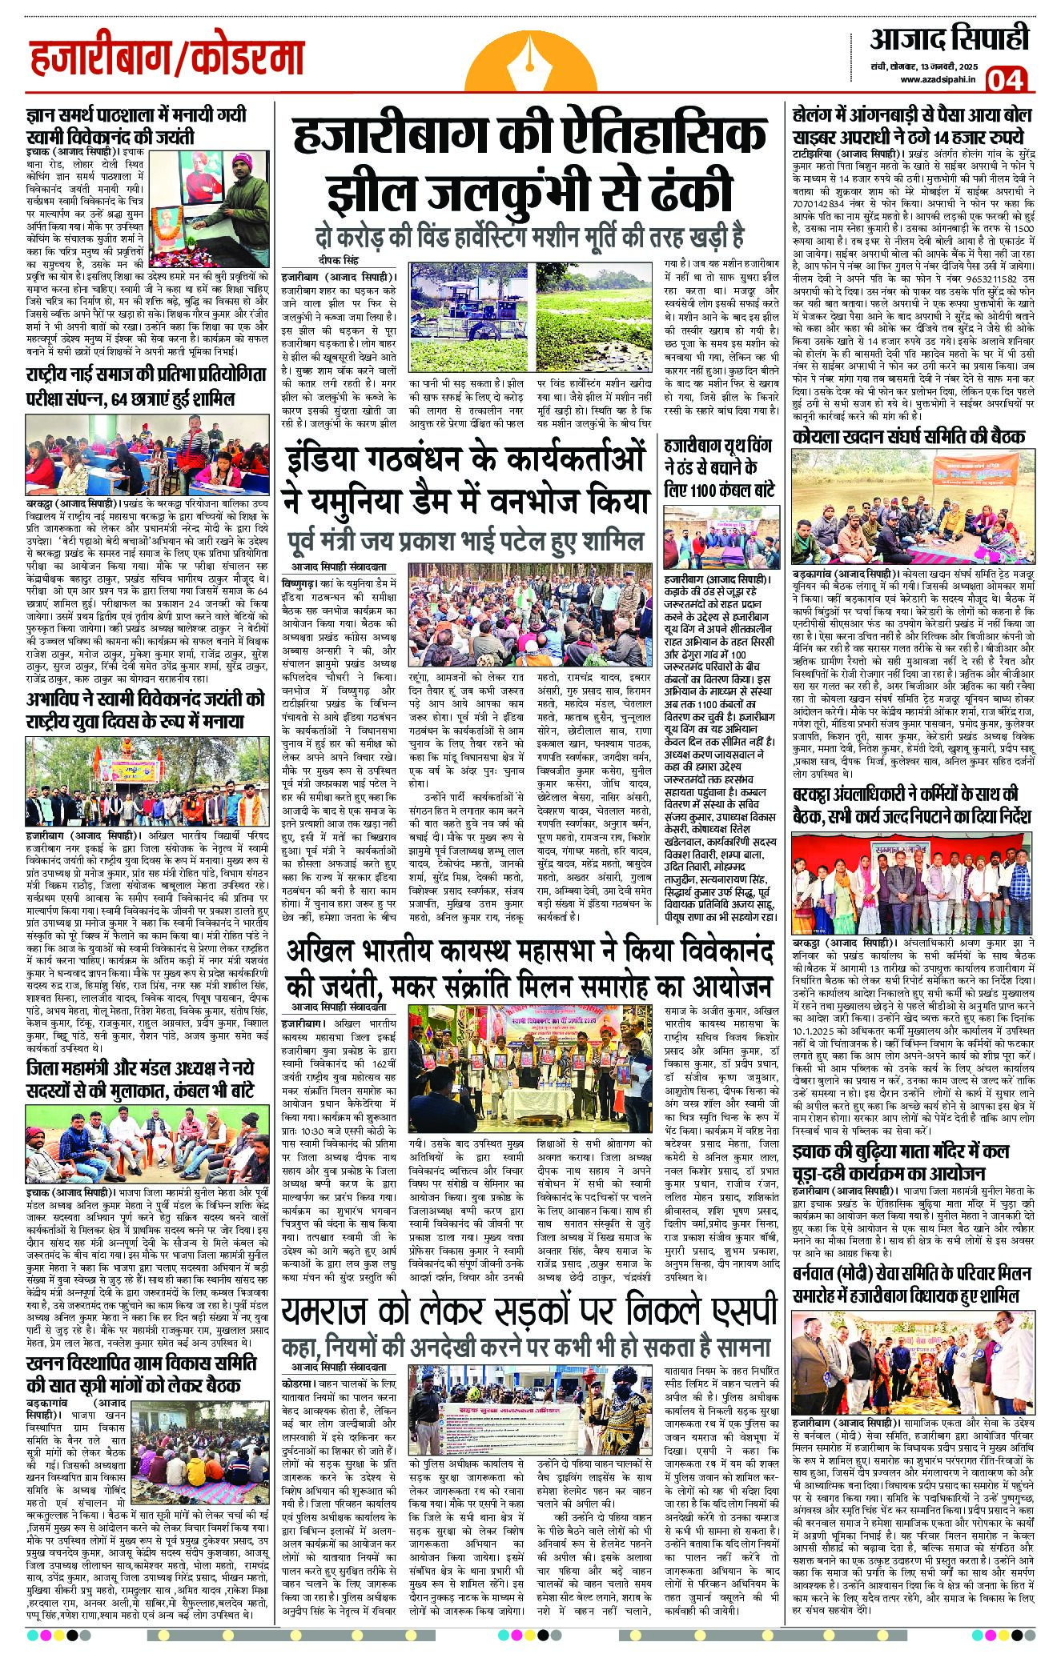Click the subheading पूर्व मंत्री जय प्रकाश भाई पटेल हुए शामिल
465,543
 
